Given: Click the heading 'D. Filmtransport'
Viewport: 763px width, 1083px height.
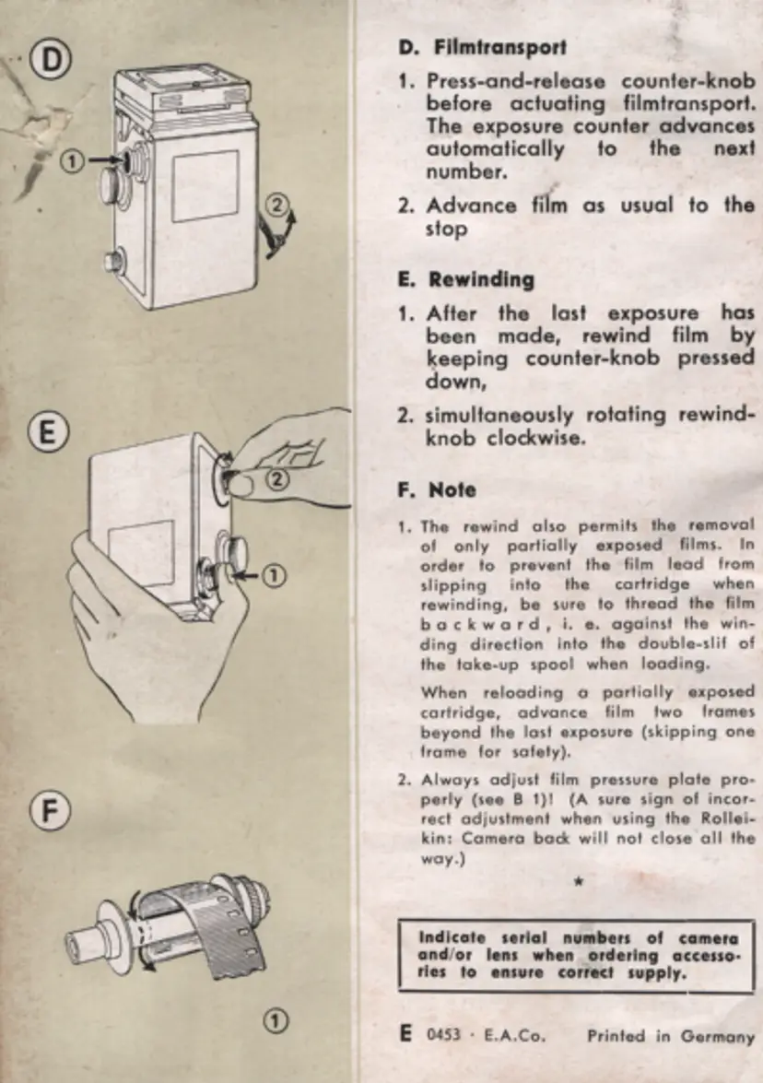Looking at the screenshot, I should (x=482, y=46).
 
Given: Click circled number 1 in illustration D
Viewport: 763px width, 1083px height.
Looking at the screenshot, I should (x=74, y=161).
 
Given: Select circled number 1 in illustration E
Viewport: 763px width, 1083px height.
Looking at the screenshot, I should (x=275, y=576).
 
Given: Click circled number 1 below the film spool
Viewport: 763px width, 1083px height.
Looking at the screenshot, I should (x=274, y=1019).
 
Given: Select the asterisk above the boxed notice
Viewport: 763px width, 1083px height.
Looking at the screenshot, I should (x=578, y=882).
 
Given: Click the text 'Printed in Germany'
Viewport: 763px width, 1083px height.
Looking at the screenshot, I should (x=670, y=1036).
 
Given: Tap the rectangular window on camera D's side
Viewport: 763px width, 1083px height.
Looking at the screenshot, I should (x=205, y=186).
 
